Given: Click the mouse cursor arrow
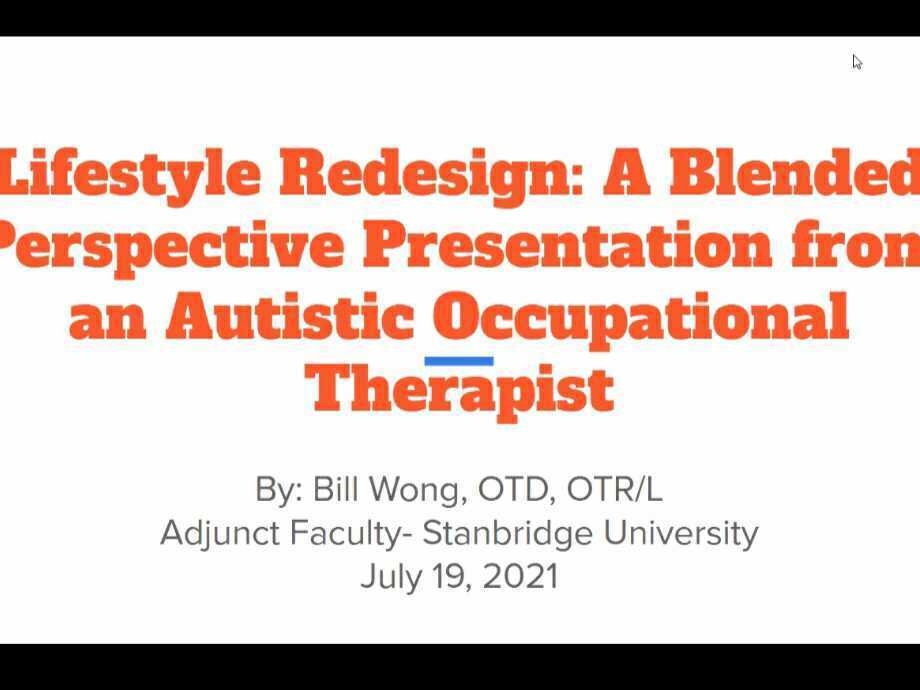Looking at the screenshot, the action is [x=857, y=62].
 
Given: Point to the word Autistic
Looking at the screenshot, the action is [x=290, y=316].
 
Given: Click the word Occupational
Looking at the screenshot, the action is [x=641, y=320].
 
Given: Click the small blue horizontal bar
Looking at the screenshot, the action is [x=459, y=361].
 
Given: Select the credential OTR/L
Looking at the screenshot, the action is [x=614, y=489].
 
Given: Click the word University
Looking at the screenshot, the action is [x=681, y=534].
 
